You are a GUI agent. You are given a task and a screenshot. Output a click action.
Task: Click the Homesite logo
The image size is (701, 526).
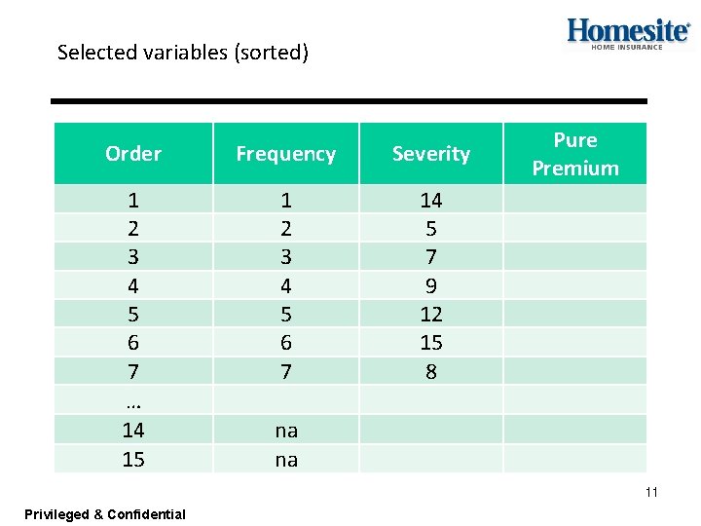[628, 34]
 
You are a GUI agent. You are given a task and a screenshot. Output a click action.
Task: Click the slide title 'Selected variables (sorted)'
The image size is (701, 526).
[183, 53]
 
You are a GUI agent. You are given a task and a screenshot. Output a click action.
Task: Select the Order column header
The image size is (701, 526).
[133, 154]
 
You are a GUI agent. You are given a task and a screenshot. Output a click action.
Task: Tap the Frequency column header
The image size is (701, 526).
[285, 154]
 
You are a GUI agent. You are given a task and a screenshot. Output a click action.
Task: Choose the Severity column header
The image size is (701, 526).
[431, 154]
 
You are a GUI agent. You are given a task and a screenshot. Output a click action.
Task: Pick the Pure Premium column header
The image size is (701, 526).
[575, 154]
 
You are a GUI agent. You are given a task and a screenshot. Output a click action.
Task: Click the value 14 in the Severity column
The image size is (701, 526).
[431, 201]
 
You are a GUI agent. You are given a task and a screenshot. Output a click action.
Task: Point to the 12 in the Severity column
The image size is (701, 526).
[431, 315]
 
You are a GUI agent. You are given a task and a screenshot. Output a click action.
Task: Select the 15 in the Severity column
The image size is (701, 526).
[431, 343]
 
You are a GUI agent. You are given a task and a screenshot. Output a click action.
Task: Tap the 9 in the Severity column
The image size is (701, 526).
[431, 286]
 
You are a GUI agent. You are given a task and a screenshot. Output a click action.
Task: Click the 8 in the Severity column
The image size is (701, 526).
[431, 372]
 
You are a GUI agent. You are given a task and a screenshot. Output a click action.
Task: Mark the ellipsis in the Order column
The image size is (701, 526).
[133, 400]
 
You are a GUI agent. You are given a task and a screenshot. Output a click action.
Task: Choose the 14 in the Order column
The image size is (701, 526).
[133, 430]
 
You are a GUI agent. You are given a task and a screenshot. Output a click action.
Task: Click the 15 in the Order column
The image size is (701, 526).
[133, 459]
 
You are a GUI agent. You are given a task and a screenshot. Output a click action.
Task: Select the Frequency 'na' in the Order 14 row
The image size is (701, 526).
[285, 430]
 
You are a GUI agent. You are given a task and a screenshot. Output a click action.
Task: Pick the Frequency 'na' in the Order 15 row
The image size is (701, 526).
[285, 459]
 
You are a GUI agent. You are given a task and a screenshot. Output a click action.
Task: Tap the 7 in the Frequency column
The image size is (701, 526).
[285, 372]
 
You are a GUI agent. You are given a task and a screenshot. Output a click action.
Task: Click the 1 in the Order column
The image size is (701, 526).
[133, 201]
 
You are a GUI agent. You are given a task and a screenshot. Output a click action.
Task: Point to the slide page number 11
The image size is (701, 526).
[651, 493]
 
